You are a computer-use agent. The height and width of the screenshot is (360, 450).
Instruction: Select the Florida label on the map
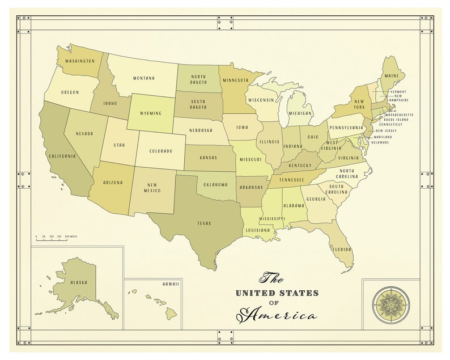[x=342, y=249]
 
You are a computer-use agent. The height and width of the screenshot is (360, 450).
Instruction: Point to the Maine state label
[x=391, y=75]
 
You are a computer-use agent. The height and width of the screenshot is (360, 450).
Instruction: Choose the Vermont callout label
[x=398, y=91]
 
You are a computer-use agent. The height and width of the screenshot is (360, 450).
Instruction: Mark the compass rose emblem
[x=389, y=304]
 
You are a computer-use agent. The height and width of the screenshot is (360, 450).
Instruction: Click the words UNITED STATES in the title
[x=277, y=293]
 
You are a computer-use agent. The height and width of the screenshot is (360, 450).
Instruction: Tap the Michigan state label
[x=300, y=113]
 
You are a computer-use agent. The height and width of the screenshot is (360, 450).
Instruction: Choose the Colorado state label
[x=161, y=151]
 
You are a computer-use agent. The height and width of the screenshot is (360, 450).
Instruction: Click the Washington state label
[x=79, y=60]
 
